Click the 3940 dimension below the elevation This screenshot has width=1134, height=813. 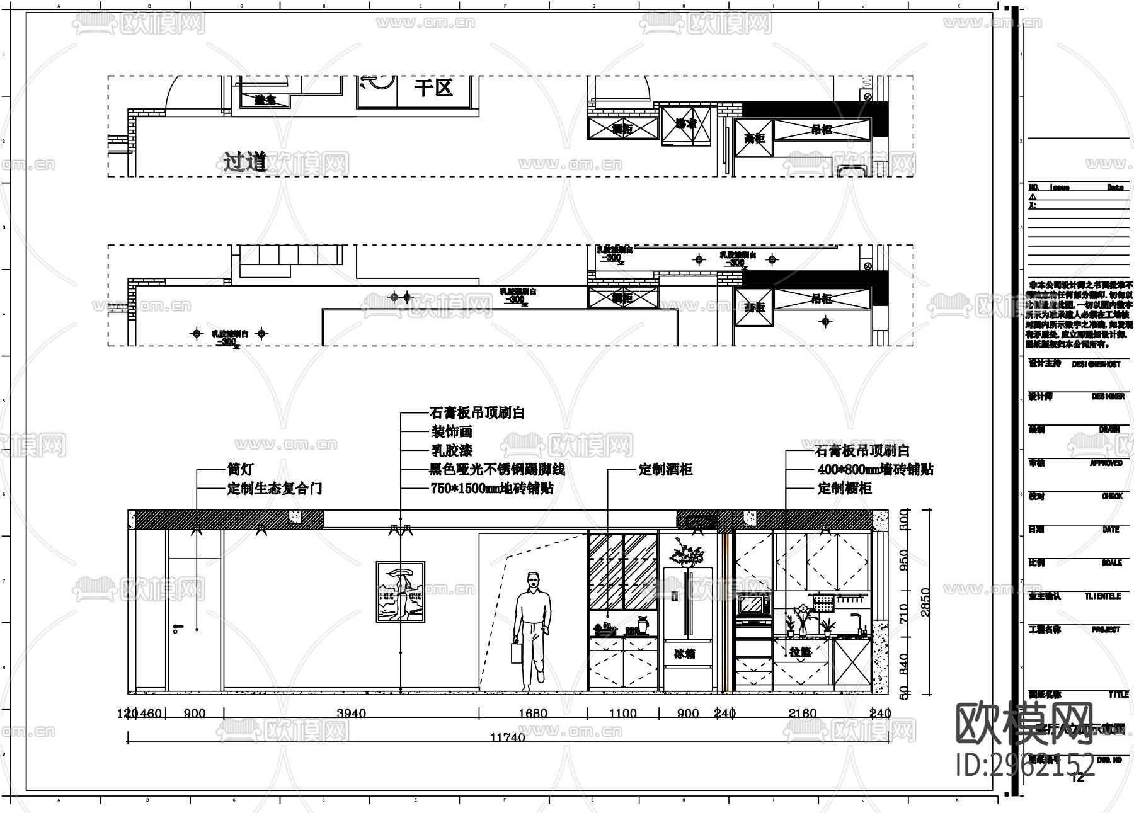pyautogui.click(x=351, y=714)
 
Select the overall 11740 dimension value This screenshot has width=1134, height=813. pyautogui.click(x=508, y=737)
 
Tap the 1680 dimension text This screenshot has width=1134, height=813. pyautogui.click(x=532, y=714)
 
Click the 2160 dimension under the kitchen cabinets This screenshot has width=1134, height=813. pyautogui.click(x=802, y=714)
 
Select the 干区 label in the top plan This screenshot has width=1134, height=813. pyautogui.click(x=433, y=88)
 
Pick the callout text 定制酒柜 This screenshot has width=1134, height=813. pyautogui.click(x=665, y=470)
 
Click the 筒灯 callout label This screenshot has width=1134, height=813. pyautogui.click(x=240, y=470)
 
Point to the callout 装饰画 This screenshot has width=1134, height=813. pyautogui.click(x=451, y=432)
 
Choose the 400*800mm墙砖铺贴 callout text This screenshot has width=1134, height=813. pyautogui.click(x=875, y=470)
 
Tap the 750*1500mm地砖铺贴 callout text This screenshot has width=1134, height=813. pyautogui.click(x=491, y=489)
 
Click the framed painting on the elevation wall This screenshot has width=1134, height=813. pyautogui.click(x=400, y=592)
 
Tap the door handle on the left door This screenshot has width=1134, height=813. pyautogui.click(x=178, y=627)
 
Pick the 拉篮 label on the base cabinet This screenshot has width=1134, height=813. pyautogui.click(x=801, y=652)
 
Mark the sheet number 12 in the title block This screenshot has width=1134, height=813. pyautogui.click(x=1078, y=778)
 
